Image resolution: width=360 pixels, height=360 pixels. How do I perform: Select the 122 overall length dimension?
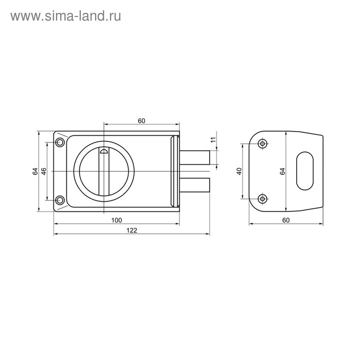pyautogui.click(x=132, y=230)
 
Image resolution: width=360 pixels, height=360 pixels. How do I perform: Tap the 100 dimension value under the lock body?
pyautogui.click(x=116, y=220)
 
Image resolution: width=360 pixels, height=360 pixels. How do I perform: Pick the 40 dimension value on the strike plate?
pyautogui.click(x=239, y=171)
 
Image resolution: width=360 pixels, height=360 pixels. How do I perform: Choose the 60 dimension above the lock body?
pyautogui.click(x=142, y=120)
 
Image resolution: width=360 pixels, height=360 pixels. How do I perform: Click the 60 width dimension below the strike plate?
pyautogui.click(x=286, y=220)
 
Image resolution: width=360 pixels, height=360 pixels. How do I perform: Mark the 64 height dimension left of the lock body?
pyautogui.click(x=34, y=171)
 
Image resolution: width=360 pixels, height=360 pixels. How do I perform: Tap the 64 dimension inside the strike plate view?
pyautogui.click(x=282, y=171)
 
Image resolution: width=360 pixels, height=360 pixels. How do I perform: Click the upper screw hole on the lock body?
pyautogui.click(x=60, y=142)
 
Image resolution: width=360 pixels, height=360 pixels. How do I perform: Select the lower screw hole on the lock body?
pyautogui.click(x=60, y=200)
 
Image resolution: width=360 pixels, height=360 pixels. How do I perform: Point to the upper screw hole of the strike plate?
pyautogui.click(x=263, y=144)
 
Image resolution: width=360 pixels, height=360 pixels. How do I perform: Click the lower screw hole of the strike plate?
pyautogui.click(x=263, y=198)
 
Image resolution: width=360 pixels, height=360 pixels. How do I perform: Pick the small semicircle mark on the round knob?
pyautogui.click(x=104, y=151)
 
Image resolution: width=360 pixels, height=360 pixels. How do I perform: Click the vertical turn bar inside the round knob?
pyautogui.click(x=104, y=172)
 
